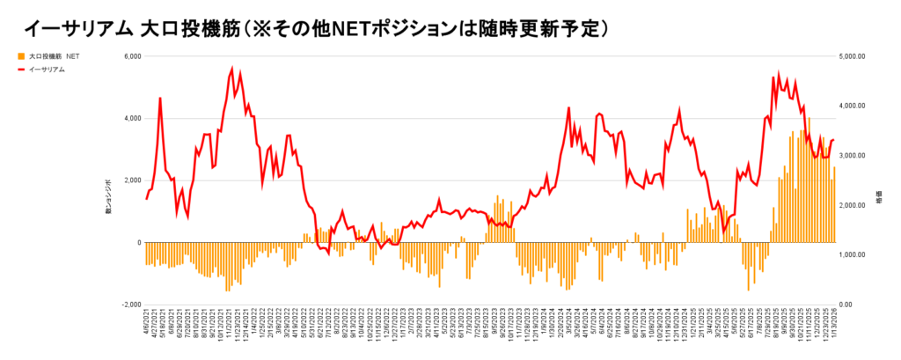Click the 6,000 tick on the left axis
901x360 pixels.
coord(130,56)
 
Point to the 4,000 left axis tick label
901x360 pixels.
coord(130,118)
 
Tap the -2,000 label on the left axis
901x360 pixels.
coord(129,305)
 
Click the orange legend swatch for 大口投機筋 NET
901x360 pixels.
coord(22,55)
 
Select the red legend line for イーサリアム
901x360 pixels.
coord(22,69)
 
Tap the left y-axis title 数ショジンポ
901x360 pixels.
coord(107,195)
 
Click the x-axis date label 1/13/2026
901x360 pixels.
coord(834,327)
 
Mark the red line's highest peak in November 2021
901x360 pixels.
coord(232,68)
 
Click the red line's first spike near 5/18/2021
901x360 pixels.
coord(160,98)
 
